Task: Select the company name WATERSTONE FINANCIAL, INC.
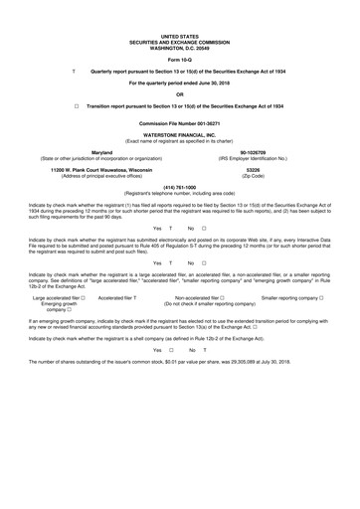click(180, 132)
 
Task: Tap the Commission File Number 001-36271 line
click(180, 120)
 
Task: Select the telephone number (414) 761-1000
click(180, 186)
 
